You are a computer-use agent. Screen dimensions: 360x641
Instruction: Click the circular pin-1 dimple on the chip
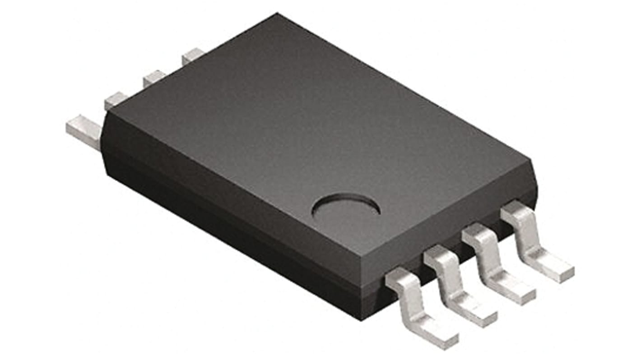346,209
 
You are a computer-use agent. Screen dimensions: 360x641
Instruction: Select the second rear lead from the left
115,101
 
